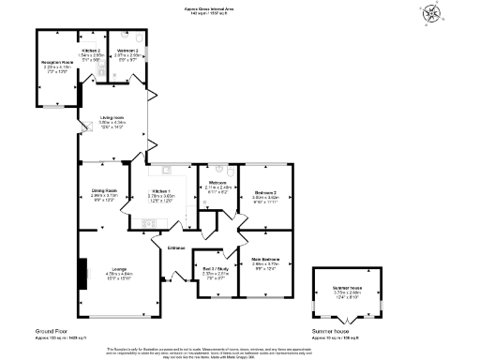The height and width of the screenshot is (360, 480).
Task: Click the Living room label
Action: [112, 117]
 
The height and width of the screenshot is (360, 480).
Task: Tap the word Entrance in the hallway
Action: [176, 247]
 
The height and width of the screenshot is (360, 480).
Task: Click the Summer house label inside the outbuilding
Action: [346, 289]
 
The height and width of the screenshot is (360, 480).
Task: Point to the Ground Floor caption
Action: [52, 331]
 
